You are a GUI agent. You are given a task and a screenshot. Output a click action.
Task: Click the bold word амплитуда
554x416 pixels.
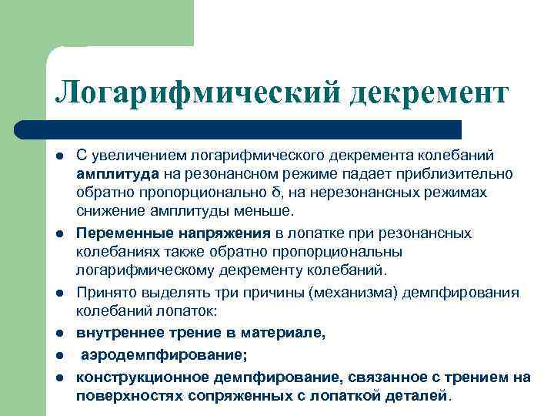[x=118, y=173]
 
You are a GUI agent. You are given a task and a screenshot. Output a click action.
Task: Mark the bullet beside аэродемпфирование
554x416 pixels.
[x=60, y=357]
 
